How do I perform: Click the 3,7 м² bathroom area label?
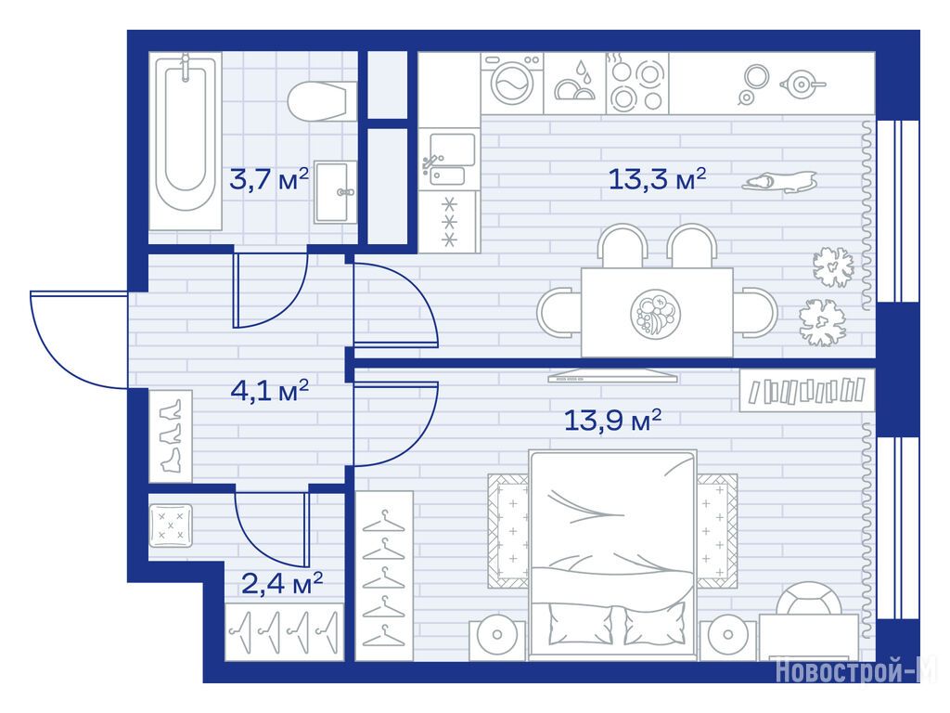point(269,179)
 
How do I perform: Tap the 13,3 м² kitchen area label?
point(657,179)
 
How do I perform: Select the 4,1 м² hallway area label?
point(270,391)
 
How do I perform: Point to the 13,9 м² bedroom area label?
point(612,420)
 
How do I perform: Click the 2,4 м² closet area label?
point(282,584)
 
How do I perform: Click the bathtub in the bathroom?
point(186,141)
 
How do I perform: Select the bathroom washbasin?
point(336,191)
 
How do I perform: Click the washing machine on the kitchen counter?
point(512,83)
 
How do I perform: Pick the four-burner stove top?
point(636,83)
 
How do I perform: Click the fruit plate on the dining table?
point(655,314)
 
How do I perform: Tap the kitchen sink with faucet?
point(449,160)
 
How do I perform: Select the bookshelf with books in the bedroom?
point(807,391)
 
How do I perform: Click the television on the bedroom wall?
point(612,375)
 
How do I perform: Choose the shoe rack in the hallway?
point(171,436)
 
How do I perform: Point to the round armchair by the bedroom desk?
point(809,599)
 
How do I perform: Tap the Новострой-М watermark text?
point(855,670)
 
